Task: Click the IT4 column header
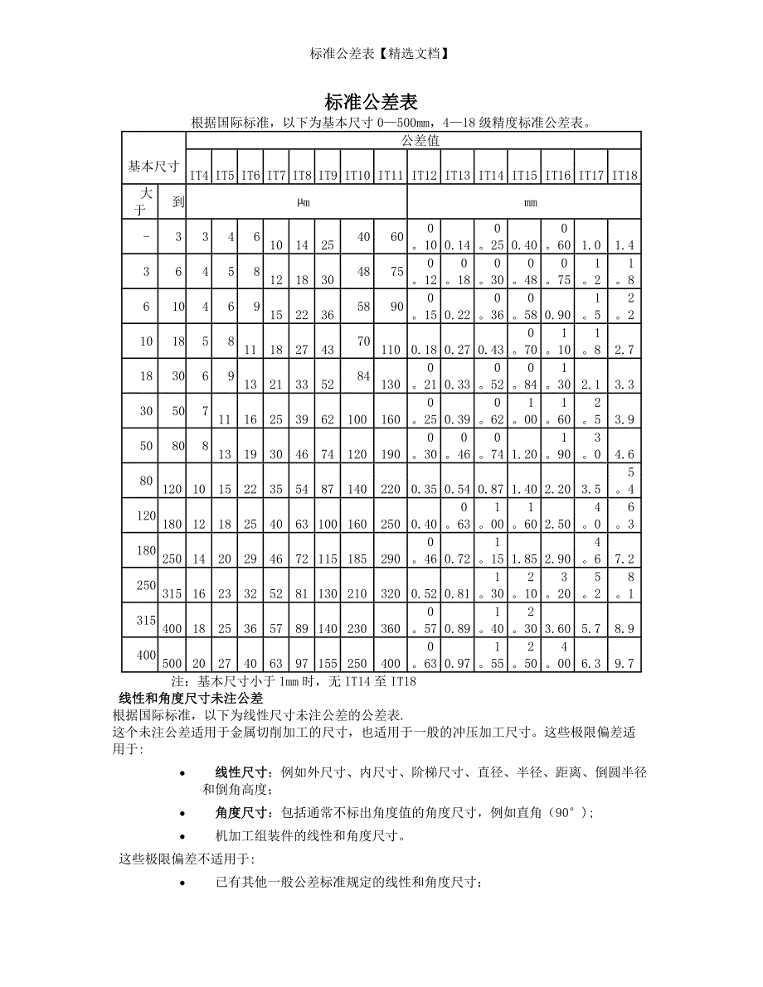(199, 175)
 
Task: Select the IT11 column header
(390, 175)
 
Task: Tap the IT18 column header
(624, 175)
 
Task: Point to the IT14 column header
(490, 175)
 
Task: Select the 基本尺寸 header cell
(153, 166)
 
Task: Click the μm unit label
(303, 202)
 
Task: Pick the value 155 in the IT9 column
(328, 664)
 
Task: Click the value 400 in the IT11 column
(390, 664)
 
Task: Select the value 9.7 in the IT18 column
(624, 664)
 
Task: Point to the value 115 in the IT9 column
(328, 559)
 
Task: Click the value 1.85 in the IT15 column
(523, 559)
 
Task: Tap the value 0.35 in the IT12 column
(423, 490)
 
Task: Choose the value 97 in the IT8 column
(301, 664)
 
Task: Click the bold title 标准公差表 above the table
(370, 102)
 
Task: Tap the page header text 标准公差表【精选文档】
(381, 54)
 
